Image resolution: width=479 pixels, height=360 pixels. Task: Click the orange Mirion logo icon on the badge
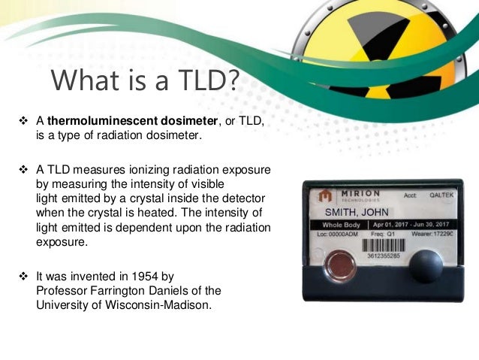click(x=325, y=196)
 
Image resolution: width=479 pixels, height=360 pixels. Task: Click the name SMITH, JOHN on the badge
click(x=354, y=211)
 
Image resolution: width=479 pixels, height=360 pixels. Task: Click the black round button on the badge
click(x=427, y=267)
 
